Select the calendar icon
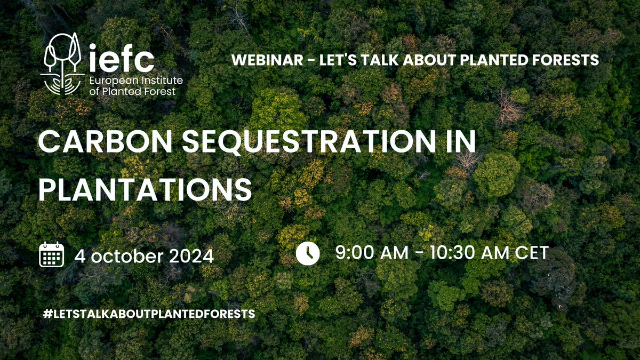click(52, 254)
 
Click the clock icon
click(308, 253)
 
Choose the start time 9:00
click(354, 252)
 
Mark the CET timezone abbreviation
click(531, 252)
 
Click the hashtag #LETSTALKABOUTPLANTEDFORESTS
click(148, 314)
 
